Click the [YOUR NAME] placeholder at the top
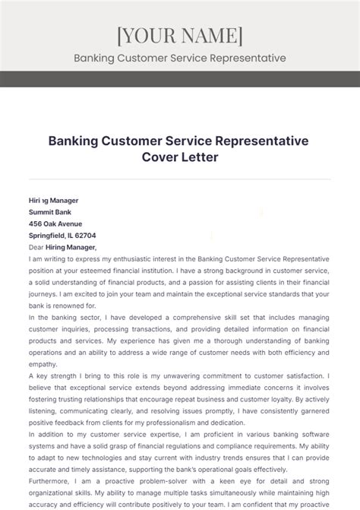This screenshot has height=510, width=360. pyautogui.click(x=179, y=35)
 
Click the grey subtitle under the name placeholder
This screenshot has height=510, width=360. pyautogui.click(x=179, y=58)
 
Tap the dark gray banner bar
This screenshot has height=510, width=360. pyautogui.click(x=179, y=79)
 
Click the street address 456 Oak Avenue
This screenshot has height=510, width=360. pyautogui.click(x=55, y=223)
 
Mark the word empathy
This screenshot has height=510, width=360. pyautogui.click(x=43, y=363)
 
